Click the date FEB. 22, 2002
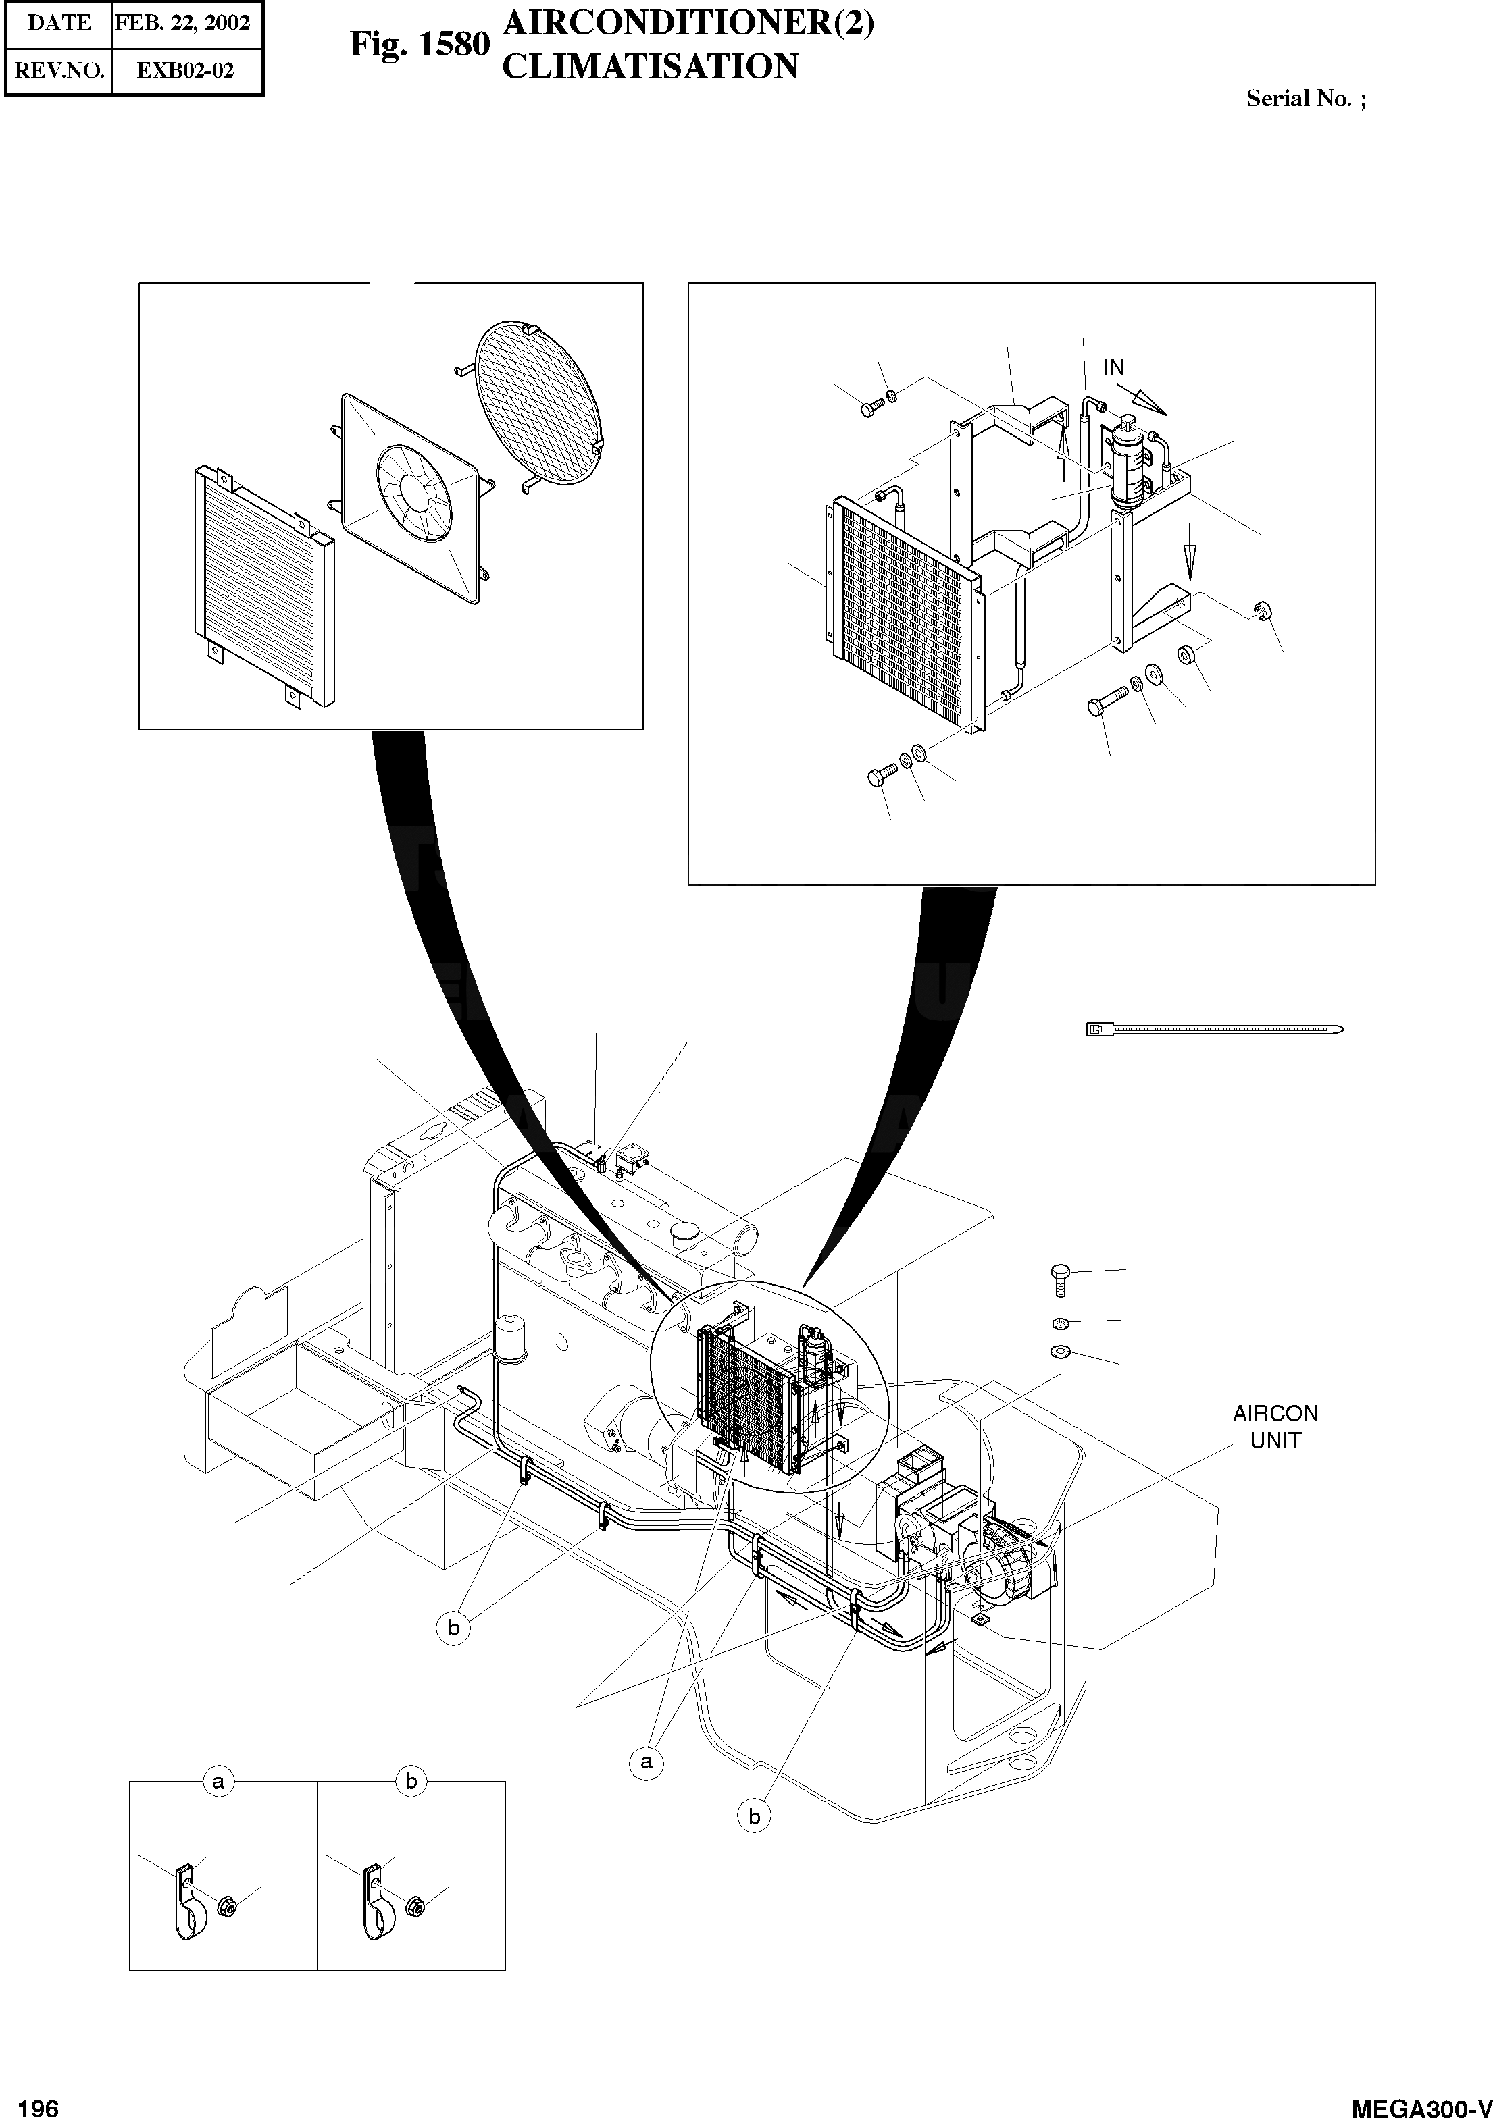tap(182, 23)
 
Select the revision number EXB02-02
tap(186, 70)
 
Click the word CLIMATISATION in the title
tap(650, 66)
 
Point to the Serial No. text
tap(1305, 99)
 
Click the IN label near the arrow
tap(1114, 367)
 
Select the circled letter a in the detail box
tap(218, 1781)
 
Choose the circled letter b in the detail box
tap(411, 1781)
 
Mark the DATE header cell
tap(59, 23)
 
